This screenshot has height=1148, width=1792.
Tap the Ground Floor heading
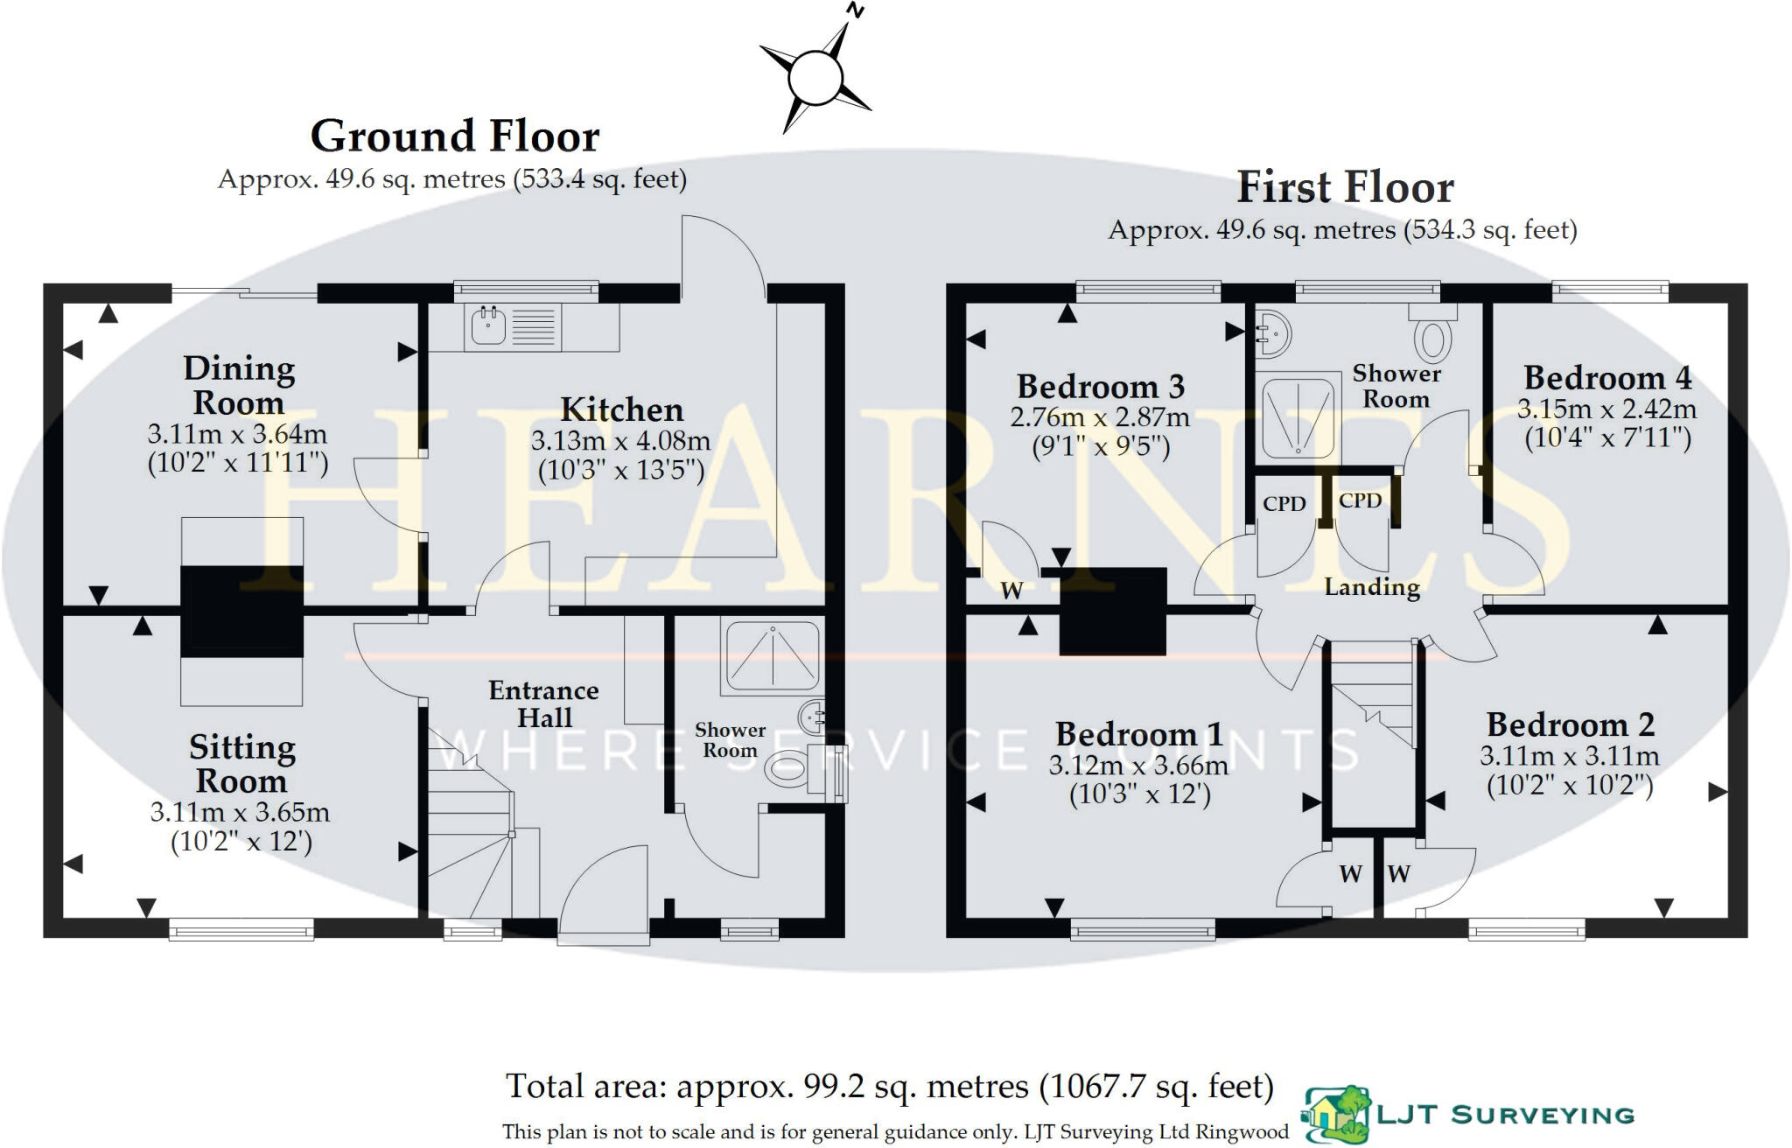455,137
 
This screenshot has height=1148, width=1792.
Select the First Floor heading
1345,188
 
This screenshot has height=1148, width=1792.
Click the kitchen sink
489,327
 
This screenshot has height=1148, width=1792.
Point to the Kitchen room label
621,409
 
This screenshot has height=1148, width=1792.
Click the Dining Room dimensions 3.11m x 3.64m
237,434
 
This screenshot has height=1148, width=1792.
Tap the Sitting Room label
241,764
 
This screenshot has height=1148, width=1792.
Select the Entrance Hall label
543,703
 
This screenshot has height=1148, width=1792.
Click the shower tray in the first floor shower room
1298,416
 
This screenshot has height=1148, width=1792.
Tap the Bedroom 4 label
1607,378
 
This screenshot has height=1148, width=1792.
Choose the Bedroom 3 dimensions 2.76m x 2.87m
1100,417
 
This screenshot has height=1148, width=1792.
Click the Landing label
1371,587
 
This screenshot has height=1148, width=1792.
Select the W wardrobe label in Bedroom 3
1011,591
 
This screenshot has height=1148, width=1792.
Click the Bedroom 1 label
1138,734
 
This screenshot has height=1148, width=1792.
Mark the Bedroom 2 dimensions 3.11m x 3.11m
1569,756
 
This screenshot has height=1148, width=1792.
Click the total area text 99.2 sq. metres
889,1087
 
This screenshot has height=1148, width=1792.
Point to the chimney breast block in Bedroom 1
1113,612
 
